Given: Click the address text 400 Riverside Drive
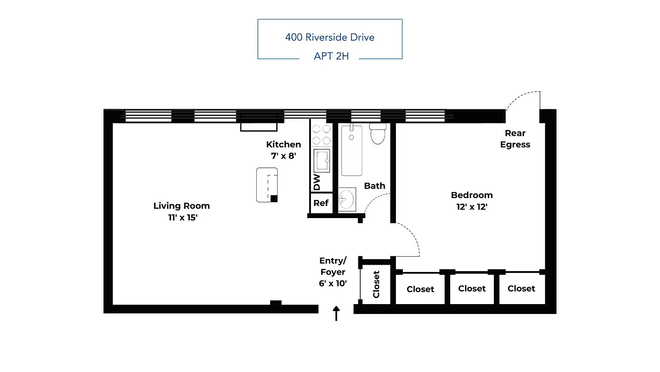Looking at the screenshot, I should click(x=330, y=37).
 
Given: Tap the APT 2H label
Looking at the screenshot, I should click(x=331, y=56).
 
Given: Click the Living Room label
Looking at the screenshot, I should click(x=181, y=206).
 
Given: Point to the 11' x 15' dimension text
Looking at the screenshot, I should click(x=183, y=217).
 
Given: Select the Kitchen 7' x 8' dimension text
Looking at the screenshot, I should click(x=283, y=156).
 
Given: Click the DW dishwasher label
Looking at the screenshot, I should click(x=317, y=182).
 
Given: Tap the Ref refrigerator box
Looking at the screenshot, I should click(x=321, y=203).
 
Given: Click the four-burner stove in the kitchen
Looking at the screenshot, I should click(x=321, y=135).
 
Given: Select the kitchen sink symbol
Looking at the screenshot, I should click(x=321, y=161).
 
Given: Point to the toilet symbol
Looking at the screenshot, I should click(x=378, y=133).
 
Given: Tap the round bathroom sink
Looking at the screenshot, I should click(x=346, y=200).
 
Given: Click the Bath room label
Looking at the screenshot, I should click(x=375, y=186).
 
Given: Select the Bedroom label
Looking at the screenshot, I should click(x=472, y=195).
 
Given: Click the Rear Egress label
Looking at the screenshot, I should click(x=515, y=139).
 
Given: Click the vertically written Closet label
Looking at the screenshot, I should click(x=376, y=284).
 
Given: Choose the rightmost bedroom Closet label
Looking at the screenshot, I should click(x=521, y=288).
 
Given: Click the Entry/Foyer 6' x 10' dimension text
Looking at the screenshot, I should click(x=333, y=283).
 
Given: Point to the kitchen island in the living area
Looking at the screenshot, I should click(x=267, y=185).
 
